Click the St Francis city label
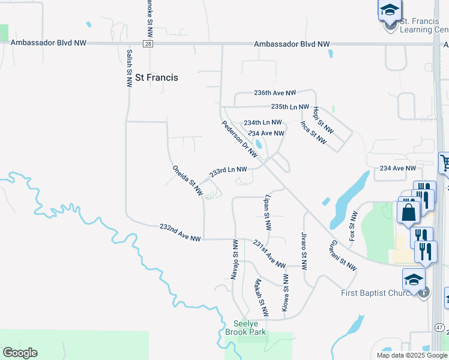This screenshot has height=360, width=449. point(157,77)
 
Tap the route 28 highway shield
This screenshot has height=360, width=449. point(148,44)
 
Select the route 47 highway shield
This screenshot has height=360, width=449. point(439,328)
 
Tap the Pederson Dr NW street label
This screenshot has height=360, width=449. point(240,138)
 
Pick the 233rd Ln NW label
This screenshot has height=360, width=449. point(228,172)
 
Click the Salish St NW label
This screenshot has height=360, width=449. point(128,68)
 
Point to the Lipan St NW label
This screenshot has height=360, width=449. point(268,212)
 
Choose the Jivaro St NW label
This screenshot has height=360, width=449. point(304,248)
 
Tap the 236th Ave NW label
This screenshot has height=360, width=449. point(275,93)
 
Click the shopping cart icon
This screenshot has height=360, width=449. point(445,163)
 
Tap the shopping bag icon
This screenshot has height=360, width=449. point(408,212)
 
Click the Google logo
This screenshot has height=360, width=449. point(20,353)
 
